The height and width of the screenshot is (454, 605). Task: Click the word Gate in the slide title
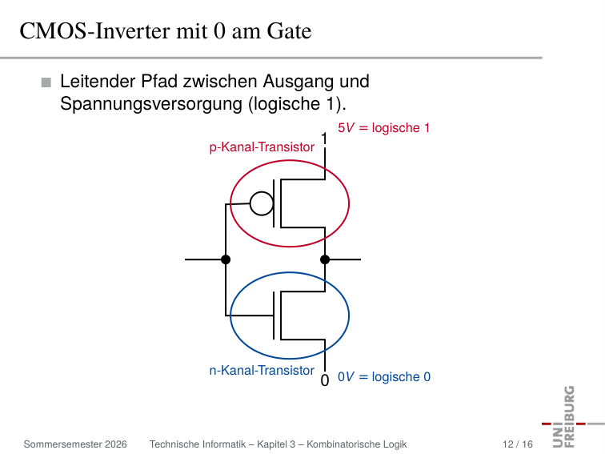coord(289,31)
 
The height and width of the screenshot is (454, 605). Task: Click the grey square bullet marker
coord(46,82)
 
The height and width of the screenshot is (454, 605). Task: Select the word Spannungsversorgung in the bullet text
coord(151,104)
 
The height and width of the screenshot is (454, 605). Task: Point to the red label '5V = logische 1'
coord(383,128)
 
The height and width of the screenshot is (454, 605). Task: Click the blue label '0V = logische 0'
coord(384,377)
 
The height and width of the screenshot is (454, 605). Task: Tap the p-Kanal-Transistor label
coord(262,147)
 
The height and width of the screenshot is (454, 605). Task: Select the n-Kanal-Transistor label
coord(262,371)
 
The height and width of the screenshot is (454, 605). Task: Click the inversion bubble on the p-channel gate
coord(262,203)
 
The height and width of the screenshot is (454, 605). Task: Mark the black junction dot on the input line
coord(226,259)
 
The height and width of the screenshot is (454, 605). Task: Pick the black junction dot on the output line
coord(325,259)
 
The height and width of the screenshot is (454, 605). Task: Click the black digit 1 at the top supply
coord(324,139)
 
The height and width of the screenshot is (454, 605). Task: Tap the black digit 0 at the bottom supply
coord(325,380)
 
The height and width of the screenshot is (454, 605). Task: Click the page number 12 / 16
coord(518,444)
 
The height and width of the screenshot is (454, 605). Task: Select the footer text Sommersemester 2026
coord(75,444)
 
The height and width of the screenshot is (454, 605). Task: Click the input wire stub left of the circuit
coord(205,259)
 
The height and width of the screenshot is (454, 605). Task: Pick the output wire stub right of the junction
coord(343,259)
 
